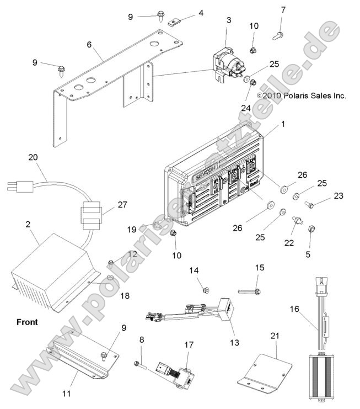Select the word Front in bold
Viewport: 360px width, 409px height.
pos(27,322)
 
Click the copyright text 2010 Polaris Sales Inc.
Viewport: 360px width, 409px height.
pos(301,95)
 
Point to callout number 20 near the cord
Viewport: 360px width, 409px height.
pos(33,157)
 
